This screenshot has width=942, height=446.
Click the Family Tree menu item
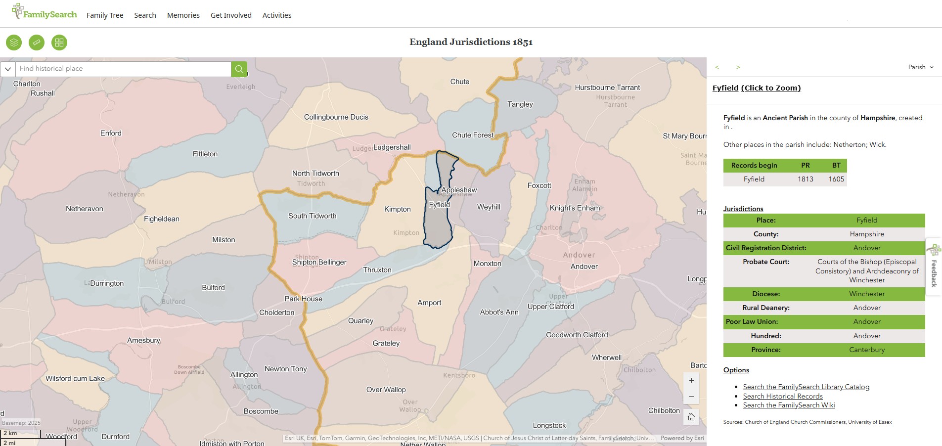(105, 15)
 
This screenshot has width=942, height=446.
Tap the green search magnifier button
(239, 69)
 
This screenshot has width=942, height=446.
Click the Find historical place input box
(124, 69)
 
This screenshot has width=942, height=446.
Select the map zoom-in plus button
(691, 381)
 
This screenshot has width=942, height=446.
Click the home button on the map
(691, 417)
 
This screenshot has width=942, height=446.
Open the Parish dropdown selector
(921, 67)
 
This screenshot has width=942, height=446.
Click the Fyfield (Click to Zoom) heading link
(756, 88)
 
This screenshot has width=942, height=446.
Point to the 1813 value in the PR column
(805, 179)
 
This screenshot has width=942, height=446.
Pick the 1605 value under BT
(836, 179)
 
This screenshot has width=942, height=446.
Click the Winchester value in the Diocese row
(867, 294)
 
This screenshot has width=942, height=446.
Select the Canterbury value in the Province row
(867, 350)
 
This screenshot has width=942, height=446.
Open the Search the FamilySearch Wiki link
(789, 405)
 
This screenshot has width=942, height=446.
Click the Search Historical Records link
(783, 396)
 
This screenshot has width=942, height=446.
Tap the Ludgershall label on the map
(392, 147)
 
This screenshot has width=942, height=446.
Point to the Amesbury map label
(143, 340)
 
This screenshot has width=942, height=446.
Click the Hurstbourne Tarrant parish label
(607, 88)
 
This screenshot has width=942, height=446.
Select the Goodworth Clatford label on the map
(577, 335)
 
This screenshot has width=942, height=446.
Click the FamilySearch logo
(45, 12)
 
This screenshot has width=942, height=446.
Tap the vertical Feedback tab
(934, 267)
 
